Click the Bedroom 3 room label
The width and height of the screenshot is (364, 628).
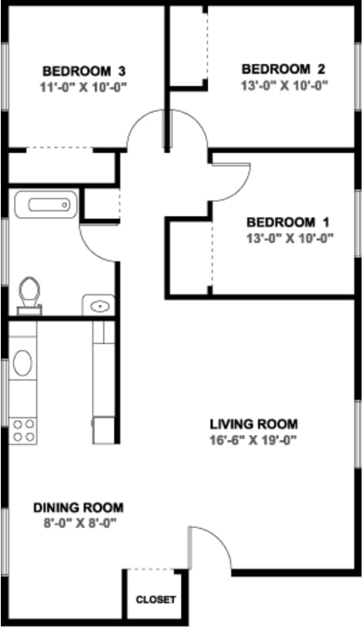(x=84, y=70)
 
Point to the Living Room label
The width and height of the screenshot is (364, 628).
(x=253, y=424)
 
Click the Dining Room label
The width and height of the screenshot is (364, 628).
(x=78, y=508)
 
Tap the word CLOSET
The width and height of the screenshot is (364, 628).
(x=155, y=600)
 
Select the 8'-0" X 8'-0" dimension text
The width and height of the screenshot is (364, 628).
(x=78, y=523)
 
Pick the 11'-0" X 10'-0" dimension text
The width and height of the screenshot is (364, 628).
(x=84, y=85)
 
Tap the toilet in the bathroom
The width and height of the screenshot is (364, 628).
(x=31, y=293)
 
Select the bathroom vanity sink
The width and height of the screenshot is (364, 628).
(x=100, y=306)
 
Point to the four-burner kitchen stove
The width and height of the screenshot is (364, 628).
(x=24, y=430)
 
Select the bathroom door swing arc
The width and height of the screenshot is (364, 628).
(x=97, y=242)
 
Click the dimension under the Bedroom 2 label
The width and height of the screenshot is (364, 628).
(x=284, y=84)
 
